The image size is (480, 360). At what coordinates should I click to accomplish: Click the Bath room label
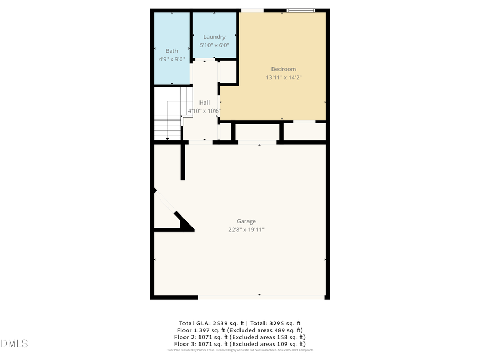pyautogui.click(x=172, y=51)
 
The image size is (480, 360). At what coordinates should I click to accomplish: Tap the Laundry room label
pyautogui.click(x=214, y=37)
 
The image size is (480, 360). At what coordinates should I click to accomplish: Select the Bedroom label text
pyautogui.click(x=283, y=69)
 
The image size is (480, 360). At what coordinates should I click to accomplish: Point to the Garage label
pyautogui.click(x=246, y=221)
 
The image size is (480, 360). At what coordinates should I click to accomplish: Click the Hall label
pyautogui.click(x=204, y=102)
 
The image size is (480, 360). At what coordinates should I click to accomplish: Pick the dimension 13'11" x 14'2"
pyautogui.click(x=284, y=77)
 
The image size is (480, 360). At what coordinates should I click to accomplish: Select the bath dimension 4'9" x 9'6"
pyautogui.click(x=172, y=59)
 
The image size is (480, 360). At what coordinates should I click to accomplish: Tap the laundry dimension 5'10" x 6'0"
pyautogui.click(x=214, y=45)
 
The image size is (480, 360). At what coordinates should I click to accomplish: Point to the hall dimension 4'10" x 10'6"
pyautogui.click(x=204, y=111)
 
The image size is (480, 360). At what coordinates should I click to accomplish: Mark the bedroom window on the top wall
pyautogui.click(x=301, y=10)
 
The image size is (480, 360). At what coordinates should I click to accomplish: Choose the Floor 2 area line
pyautogui.click(x=240, y=337)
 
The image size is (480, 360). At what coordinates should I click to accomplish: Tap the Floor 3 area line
pyautogui.click(x=240, y=344)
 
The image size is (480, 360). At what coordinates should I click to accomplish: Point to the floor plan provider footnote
pyautogui.click(x=240, y=350)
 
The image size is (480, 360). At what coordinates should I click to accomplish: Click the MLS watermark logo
pyautogui.click(x=14, y=343)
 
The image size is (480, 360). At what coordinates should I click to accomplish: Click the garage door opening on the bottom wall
pyautogui.click(x=261, y=297)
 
